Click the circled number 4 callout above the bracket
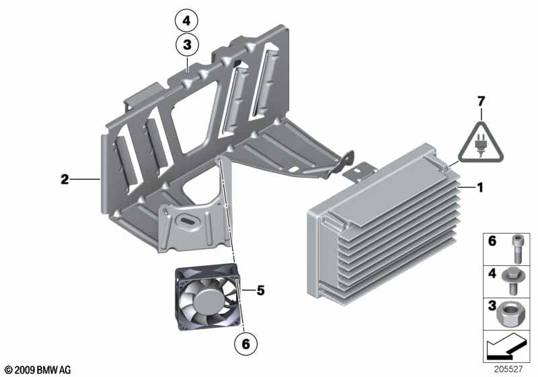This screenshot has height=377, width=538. (x=187, y=21)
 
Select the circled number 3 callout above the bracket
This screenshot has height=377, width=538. (x=187, y=46)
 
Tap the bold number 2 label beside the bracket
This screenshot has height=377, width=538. (x=65, y=180)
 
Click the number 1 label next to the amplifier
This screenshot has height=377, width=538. (x=480, y=188)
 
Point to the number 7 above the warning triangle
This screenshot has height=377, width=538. (x=481, y=102)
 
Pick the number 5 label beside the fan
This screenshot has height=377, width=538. (x=260, y=291)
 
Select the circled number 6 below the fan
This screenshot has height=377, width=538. (x=246, y=343)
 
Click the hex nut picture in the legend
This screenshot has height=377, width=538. (x=515, y=314)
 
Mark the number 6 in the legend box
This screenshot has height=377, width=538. (x=492, y=241)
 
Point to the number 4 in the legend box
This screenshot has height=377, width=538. (x=492, y=274)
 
